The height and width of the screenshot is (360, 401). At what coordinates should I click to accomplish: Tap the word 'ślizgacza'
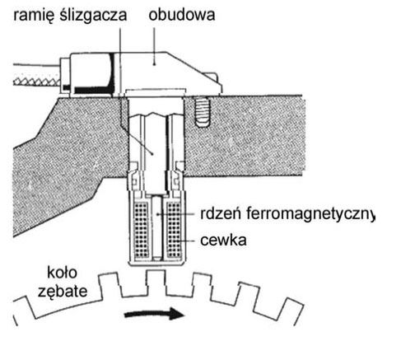(93, 16)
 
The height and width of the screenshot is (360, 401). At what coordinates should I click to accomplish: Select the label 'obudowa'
(182, 15)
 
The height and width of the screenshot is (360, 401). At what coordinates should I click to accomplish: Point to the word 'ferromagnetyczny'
(310, 215)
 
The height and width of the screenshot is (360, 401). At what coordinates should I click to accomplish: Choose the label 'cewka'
(223, 241)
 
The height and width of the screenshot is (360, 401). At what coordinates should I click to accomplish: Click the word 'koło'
(62, 273)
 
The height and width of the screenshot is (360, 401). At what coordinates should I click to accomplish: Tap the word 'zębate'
(63, 292)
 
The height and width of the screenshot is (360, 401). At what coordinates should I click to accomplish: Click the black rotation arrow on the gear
(154, 314)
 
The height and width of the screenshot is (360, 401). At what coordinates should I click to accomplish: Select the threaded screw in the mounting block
(203, 112)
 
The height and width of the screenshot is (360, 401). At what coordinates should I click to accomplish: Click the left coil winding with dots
(141, 230)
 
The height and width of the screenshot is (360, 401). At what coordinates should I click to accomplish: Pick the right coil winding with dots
(174, 230)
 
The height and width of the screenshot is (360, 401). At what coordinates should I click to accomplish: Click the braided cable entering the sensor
(36, 82)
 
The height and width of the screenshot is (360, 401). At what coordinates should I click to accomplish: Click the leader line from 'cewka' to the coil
(187, 241)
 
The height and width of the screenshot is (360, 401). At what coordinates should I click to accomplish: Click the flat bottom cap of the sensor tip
(156, 263)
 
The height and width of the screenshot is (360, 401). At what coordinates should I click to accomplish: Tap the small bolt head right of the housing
(213, 77)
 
